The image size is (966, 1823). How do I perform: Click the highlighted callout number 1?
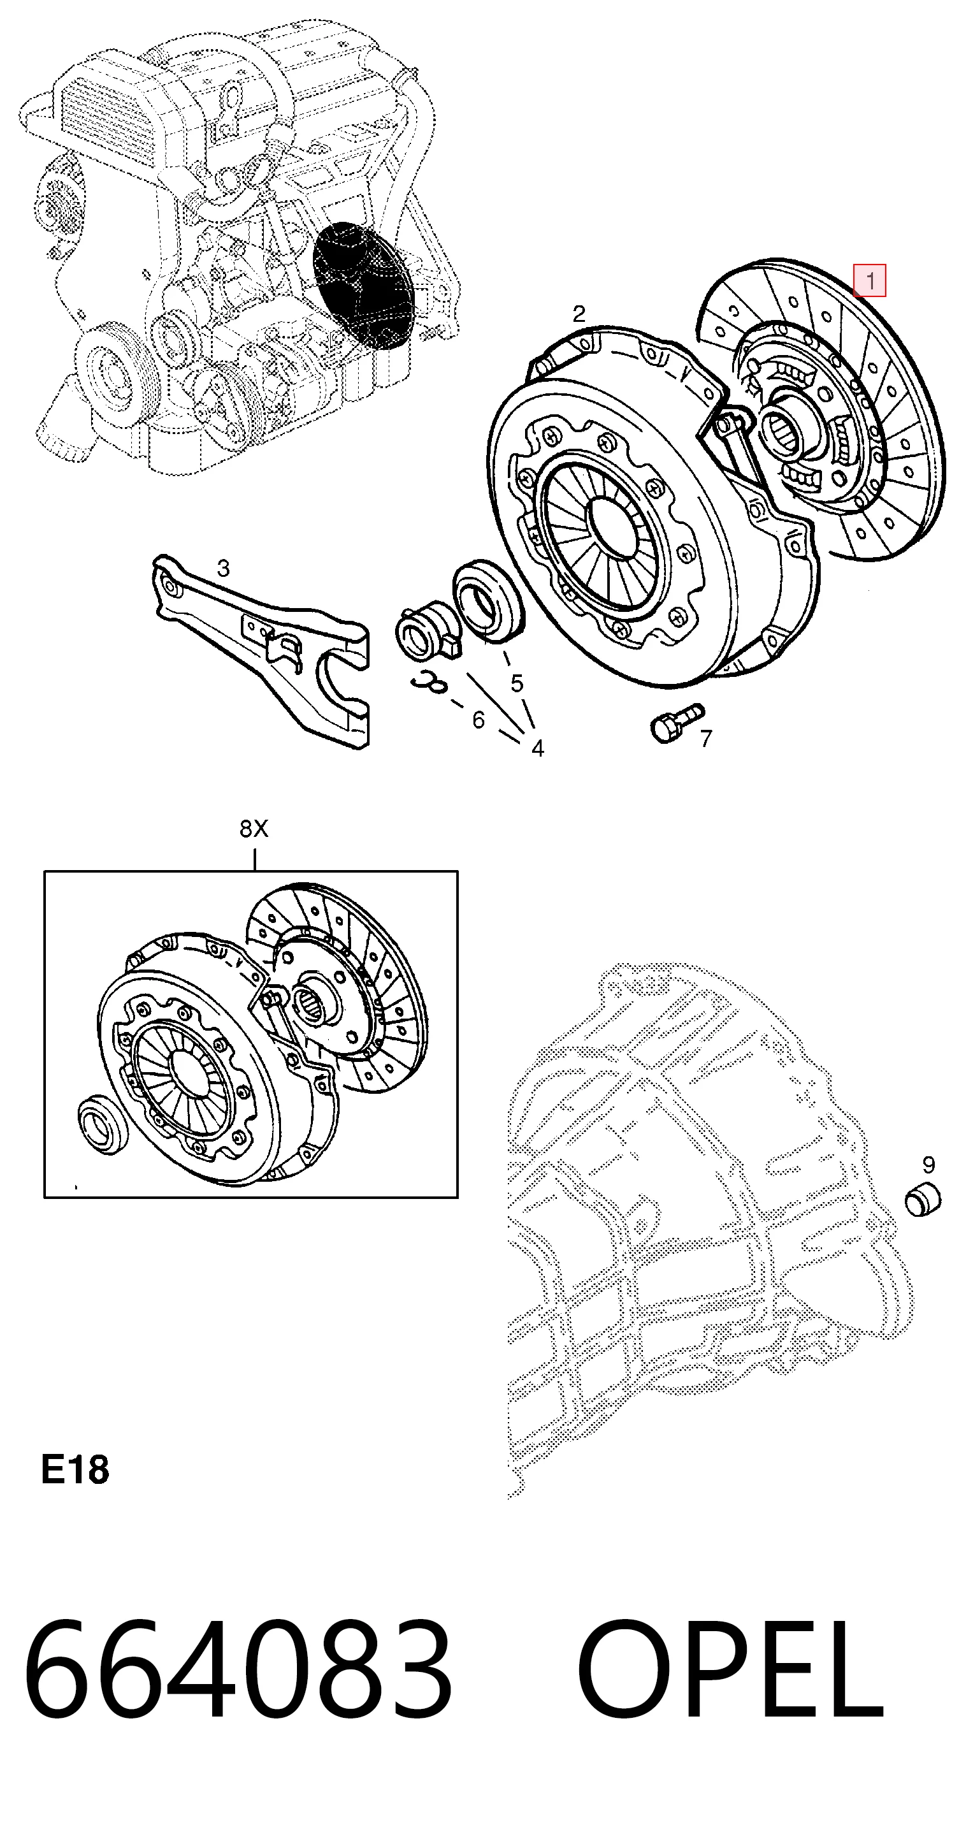870,281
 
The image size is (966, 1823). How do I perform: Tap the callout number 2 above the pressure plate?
579,314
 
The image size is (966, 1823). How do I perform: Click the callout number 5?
517,683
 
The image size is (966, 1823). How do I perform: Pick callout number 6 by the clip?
479,720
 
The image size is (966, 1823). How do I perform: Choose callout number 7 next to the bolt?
705,738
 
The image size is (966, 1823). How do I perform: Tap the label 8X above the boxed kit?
254,828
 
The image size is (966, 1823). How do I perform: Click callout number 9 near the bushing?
928,1164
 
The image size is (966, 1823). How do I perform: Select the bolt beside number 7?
676,722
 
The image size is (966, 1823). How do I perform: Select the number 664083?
238,1674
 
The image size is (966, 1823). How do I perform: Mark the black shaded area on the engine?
363,286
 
